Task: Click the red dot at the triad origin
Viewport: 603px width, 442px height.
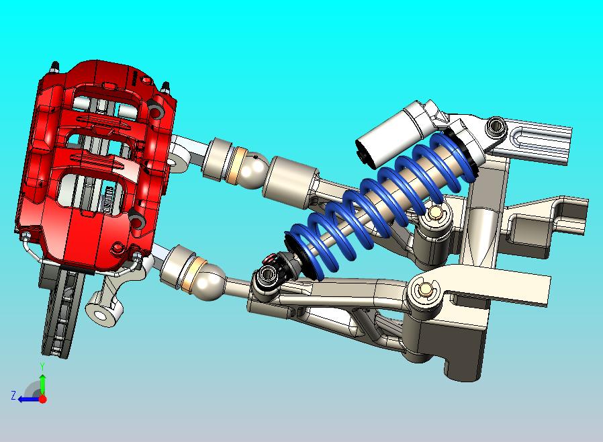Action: click(x=42, y=398)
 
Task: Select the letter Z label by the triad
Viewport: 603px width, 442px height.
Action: click(x=13, y=396)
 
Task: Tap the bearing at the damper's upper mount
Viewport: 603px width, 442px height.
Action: click(x=496, y=125)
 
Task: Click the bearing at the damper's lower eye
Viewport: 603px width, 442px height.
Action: click(x=267, y=275)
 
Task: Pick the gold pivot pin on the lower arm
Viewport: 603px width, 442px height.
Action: click(x=423, y=291)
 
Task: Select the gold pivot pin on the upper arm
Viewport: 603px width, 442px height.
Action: click(x=434, y=214)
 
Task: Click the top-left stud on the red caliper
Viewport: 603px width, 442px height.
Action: click(x=54, y=67)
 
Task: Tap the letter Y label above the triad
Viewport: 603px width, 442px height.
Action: click(x=42, y=366)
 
